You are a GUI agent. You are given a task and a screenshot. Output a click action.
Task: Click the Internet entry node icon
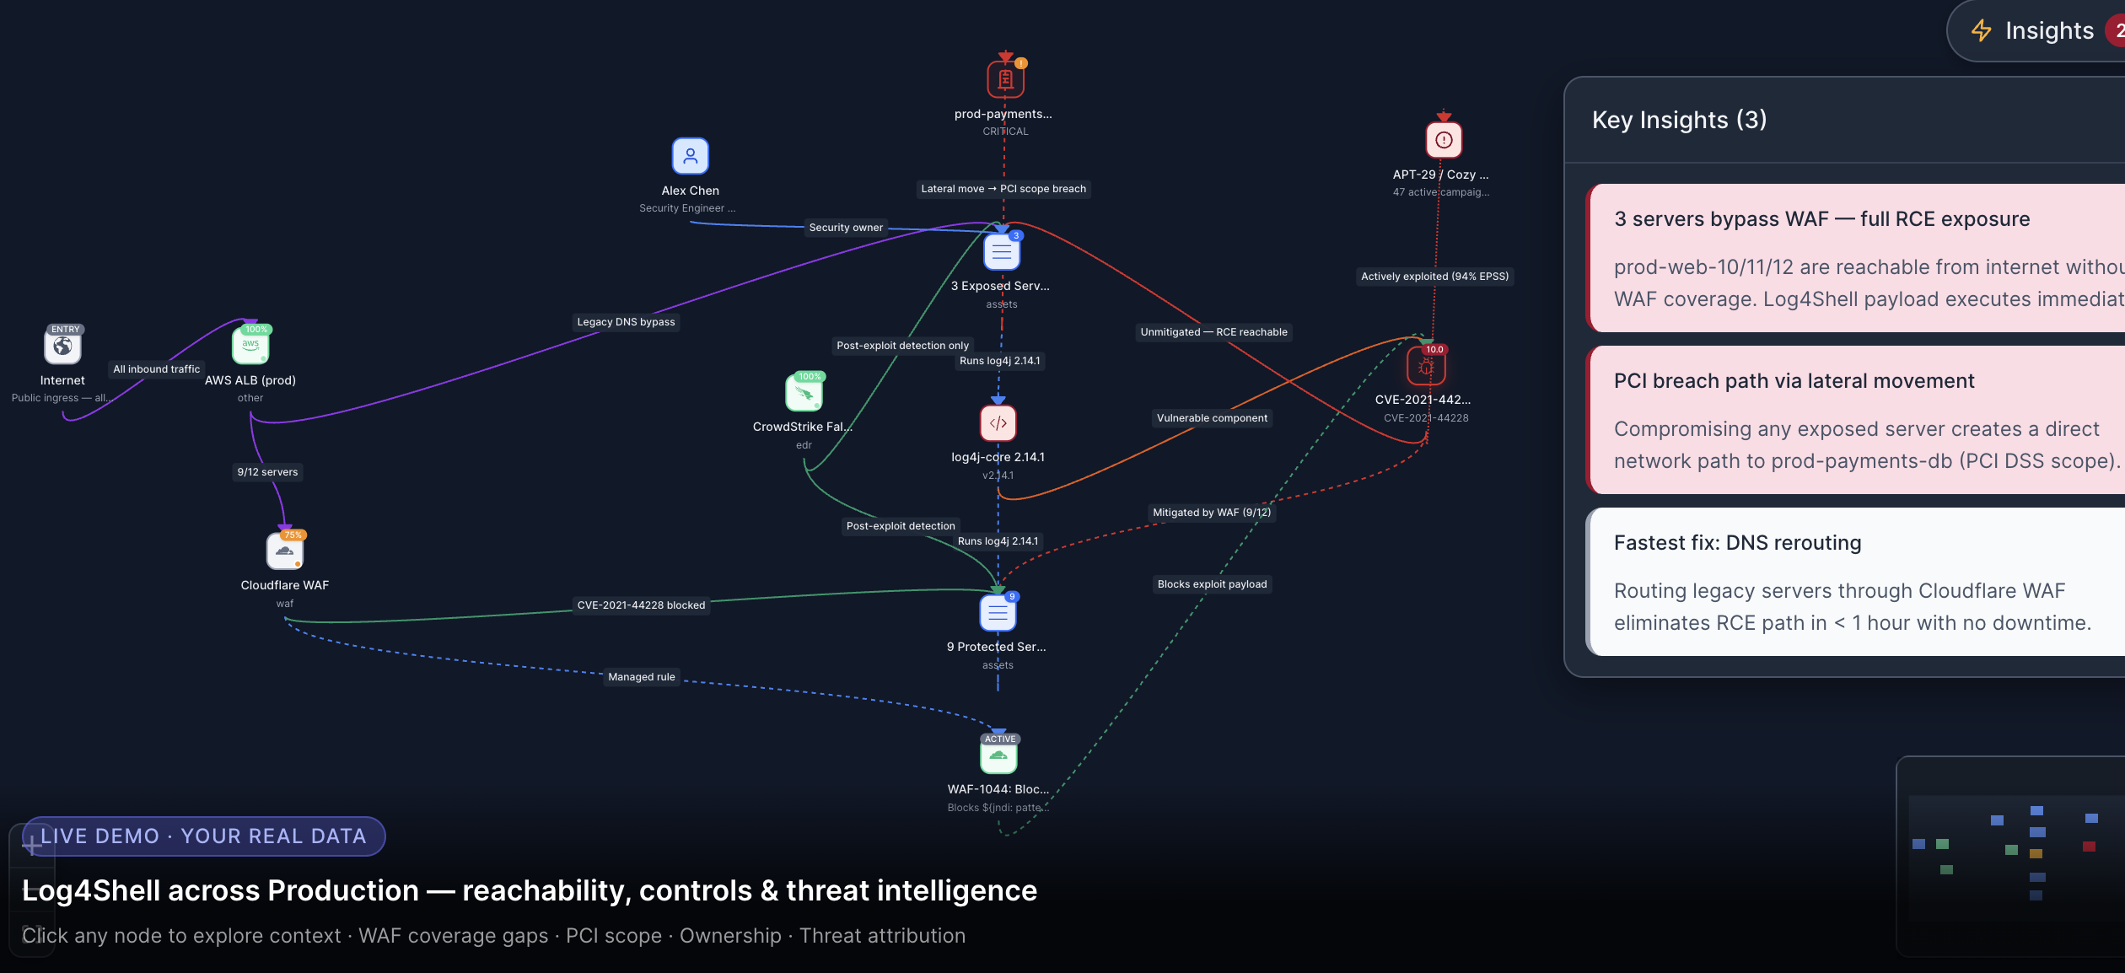pyautogui.click(x=62, y=347)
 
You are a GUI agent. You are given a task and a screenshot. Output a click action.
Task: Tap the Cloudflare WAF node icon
pyautogui.click(x=285, y=551)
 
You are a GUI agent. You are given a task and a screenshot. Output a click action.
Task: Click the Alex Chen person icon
pyautogui.click(x=690, y=156)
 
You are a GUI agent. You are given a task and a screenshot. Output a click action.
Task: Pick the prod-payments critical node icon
pyautogui.click(x=1005, y=79)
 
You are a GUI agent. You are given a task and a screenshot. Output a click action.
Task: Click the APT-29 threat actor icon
pyautogui.click(x=1443, y=140)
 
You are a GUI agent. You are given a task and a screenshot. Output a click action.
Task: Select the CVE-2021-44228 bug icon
pyautogui.click(x=1425, y=367)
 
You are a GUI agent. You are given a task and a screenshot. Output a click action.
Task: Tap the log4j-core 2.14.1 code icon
pyautogui.click(x=998, y=423)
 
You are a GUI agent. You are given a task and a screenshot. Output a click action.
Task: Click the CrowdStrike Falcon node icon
pyautogui.click(x=804, y=393)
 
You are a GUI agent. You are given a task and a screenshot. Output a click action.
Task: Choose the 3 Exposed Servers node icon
pyautogui.click(x=1001, y=251)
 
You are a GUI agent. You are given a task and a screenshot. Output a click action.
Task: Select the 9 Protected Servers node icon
pyautogui.click(x=998, y=613)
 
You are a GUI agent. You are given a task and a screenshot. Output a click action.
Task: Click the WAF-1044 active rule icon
pyautogui.click(x=998, y=755)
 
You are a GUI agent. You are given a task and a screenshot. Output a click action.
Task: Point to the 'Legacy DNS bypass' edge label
pyautogui.click(x=626, y=322)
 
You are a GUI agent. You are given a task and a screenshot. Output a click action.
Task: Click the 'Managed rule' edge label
pyautogui.click(x=641, y=677)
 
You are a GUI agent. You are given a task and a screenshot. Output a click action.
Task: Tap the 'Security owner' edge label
pyautogui.click(x=845, y=228)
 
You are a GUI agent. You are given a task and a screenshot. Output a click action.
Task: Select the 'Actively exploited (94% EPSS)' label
pyautogui.click(x=1434, y=277)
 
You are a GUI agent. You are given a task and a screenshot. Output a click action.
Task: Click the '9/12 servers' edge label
pyautogui.click(x=267, y=472)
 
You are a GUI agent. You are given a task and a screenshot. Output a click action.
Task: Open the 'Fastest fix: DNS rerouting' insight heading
pyautogui.click(x=1737, y=543)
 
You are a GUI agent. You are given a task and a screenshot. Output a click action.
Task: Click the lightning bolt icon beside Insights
pyautogui.click(x=1981, y=31)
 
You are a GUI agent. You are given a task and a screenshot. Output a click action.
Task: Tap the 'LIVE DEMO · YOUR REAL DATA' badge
pyautogui.click(x=203, y=836)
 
